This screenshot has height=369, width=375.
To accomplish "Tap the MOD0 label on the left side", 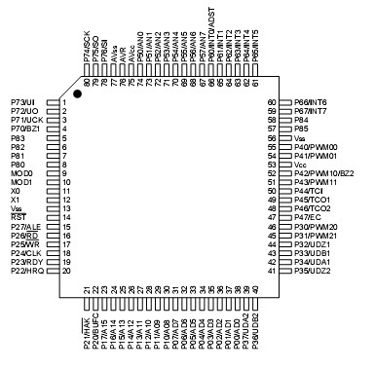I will (x=22, y=173).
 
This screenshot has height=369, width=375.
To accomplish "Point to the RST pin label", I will (x=17, y=217).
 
